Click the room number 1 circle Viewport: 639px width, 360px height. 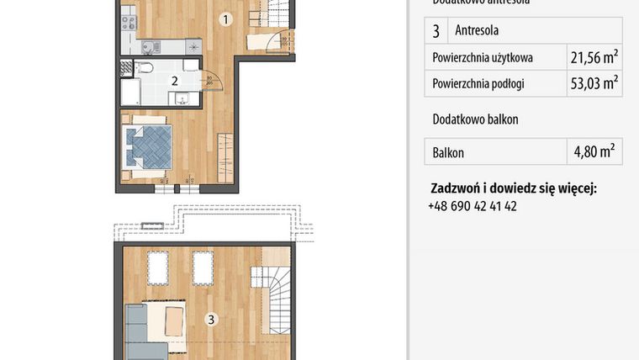[x=224, y=19]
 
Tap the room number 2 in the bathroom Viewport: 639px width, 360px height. [x=174, y=81]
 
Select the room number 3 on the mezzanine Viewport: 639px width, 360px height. [x=211, y=319]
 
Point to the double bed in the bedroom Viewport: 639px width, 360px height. [x=149, y=144]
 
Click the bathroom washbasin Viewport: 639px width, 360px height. [x=182, y=98]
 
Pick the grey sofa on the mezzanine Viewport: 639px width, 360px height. [x=139, y=332]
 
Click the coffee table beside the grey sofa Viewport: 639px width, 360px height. [x=174, y=323]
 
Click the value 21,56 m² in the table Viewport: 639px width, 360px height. [x=594, y=57]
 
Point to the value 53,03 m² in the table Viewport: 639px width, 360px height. [x=594, y=83]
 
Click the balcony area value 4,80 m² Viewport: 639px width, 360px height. [x=594, y=152]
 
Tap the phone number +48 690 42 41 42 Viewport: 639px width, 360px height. [x=472, y=205]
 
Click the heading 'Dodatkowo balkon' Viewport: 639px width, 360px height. [x=475, y=119]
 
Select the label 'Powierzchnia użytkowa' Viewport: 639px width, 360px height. [x=483, y=58]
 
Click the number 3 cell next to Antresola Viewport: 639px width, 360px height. [x=436, y=31]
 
